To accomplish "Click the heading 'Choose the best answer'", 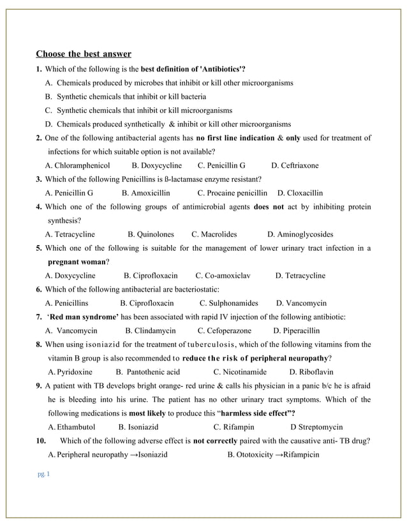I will pyautogui.click(x=84, y=54).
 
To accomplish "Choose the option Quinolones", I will pyautogui.click(x=151, y=234).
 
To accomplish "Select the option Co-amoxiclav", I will pyautogui.click(x=223, y=276).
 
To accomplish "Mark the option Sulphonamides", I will pyautogui.click(x=228, y=303).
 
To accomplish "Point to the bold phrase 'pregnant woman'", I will pyautogui.click(x=77, y=262).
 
